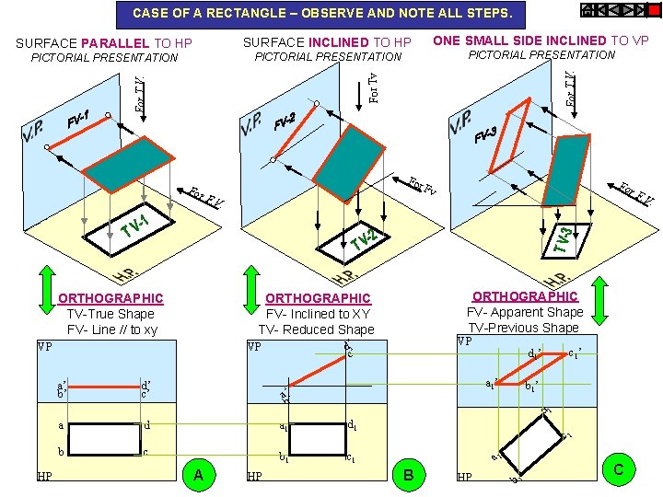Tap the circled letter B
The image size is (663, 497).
coord(408,474)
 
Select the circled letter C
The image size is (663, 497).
coord(618,469)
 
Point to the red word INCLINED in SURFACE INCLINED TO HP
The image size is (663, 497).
coord(337,42)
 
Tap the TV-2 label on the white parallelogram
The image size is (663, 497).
coord(362,238)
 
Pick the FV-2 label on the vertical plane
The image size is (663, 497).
coord(285,121)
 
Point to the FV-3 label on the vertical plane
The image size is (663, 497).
coord(485,136)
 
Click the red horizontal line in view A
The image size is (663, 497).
coord(102,387)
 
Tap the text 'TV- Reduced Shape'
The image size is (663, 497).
coord(316,329)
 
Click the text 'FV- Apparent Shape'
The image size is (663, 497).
coord(525,312)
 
